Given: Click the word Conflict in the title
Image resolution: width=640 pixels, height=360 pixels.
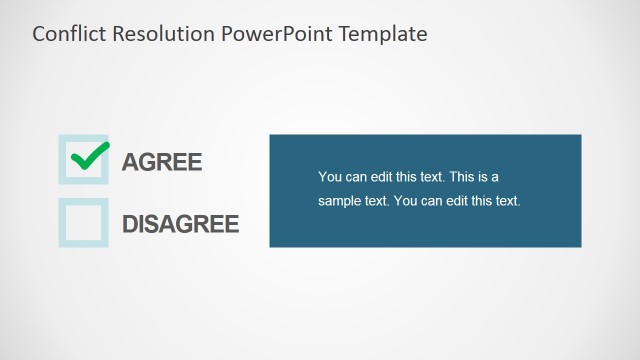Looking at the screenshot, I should pyautogui.click(x=65, y=34).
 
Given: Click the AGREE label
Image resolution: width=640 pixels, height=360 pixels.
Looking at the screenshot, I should pyautogui.click(x=162, y=162).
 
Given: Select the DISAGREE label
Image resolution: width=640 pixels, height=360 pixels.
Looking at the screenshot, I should pyautogui.click(x=181, y=223).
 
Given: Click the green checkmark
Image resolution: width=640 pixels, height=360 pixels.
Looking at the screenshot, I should pyautogui.click(x=89, y=156).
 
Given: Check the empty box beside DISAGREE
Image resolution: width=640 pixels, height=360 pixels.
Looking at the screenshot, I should pyautogui.click(x=83, y=222).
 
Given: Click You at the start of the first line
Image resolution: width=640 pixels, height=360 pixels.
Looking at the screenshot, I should pyautogui.click(x=329, y=177).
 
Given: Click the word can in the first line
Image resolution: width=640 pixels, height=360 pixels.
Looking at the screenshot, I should pyautogui.click(x=355, y=177).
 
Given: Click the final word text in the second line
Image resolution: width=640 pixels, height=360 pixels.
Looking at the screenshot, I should pyautogui.click(x=508, y=201).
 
